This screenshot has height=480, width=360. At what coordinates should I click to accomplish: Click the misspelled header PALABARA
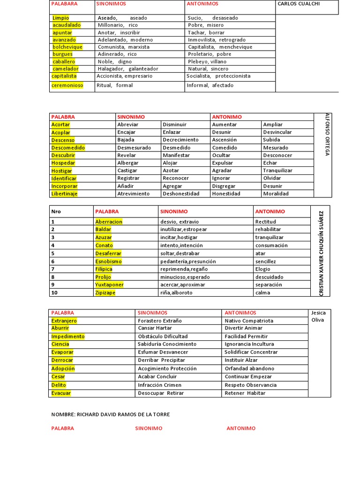coord(64,4)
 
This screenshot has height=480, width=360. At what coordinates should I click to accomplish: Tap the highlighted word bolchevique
coord(67,47)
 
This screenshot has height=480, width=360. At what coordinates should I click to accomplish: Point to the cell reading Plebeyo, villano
coord(207,61)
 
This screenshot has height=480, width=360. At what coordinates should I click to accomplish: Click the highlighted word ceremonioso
coord(67,85)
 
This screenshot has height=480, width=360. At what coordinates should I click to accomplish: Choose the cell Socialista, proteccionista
coord(218,76)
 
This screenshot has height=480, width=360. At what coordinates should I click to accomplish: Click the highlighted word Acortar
coord(60,125)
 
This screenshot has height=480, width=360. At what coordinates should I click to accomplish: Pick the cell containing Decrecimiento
coord(180,140)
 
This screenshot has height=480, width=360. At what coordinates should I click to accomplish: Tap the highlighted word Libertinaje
coord(65,194)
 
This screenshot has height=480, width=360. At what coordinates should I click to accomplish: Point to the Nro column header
coord(56,211)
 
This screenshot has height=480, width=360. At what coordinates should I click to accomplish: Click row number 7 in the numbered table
coord(53,269)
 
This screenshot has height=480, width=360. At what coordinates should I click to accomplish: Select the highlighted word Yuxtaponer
coord(109,285)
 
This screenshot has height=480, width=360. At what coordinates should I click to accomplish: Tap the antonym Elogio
coord(262,269)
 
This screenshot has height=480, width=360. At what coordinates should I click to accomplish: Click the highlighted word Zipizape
coord(105,292)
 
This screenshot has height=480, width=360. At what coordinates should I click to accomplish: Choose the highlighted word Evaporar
coord(62,352)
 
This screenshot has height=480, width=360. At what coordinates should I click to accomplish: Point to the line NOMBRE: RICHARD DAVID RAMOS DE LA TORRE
coord(111,414)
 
